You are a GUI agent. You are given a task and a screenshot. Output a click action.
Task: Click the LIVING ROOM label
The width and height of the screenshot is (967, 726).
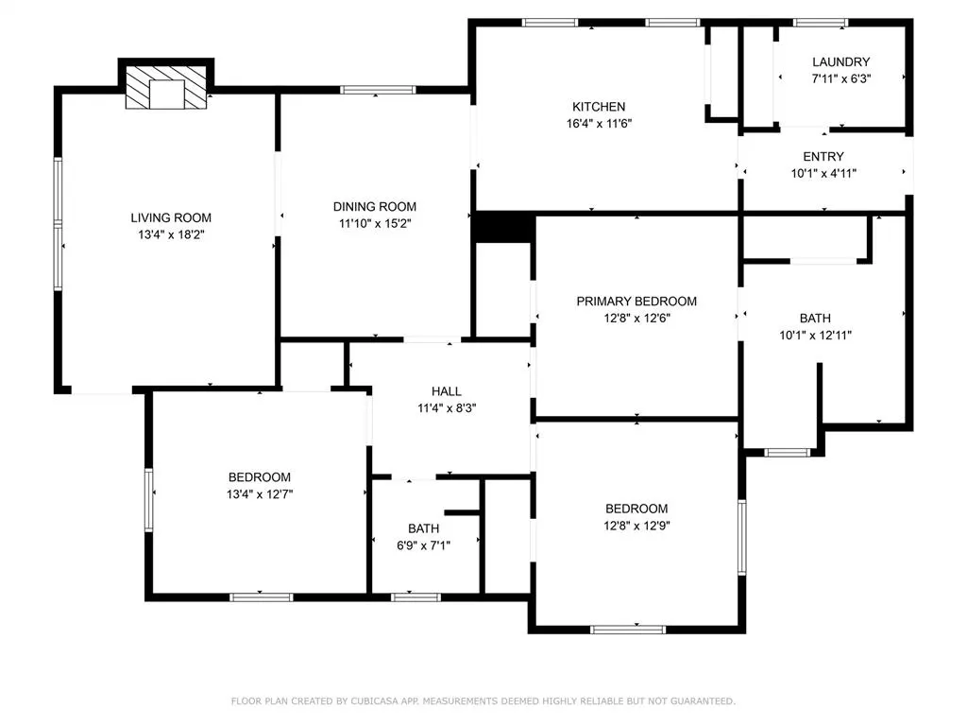tap(171, 218)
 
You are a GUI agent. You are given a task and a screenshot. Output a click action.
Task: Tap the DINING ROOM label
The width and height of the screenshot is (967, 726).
tap(374, 207)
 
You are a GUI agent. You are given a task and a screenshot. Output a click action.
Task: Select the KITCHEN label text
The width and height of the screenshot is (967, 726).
tap(599, 107)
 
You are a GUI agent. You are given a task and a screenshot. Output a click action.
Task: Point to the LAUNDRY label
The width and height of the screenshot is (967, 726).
tap(841, 61)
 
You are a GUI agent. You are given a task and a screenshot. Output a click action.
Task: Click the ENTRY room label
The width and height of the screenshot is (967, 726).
tap(823, 157)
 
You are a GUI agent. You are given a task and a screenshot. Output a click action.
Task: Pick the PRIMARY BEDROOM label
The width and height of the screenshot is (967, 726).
tap(636, 302)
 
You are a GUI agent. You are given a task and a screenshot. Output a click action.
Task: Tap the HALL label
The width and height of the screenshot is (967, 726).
tap(447, 391)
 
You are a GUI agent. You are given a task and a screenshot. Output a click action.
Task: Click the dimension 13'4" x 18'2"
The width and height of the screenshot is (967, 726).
tap(171, 234)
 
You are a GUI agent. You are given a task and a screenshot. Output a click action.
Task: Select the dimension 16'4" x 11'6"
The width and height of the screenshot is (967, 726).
tap(599, 124)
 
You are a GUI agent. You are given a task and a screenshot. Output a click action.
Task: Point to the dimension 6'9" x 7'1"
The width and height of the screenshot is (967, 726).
tap(424, 545)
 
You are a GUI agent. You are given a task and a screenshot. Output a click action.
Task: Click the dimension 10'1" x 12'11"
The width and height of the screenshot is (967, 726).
tap(815, 336)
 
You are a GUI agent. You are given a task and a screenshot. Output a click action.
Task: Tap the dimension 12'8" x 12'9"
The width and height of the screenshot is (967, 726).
tap(636, 526)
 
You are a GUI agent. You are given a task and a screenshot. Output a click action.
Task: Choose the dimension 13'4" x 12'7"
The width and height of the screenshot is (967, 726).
tap(260, 493)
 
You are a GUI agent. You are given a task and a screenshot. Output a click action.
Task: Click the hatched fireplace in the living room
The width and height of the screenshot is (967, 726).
tap(166, 88)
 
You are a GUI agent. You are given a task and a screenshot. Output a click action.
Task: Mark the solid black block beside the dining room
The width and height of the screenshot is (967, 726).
tap(504, 227)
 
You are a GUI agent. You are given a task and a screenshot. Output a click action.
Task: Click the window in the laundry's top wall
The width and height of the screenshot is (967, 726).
tap(821, 23)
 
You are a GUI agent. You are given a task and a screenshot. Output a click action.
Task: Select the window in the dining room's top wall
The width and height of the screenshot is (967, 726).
tap(378, 90)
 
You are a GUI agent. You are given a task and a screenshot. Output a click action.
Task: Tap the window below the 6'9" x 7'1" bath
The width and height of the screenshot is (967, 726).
tap(416, 597)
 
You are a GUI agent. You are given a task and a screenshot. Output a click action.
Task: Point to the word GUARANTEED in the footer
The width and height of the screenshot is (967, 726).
tap(703, 701)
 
